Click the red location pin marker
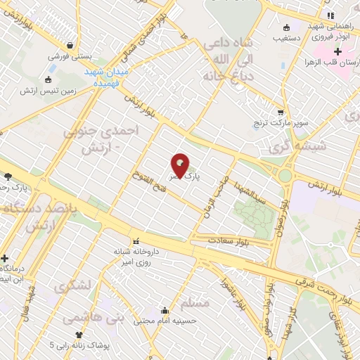click(x=181, y=166)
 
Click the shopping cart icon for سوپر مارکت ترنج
click(x=281, y=112)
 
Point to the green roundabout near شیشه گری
click(x=285, y=175)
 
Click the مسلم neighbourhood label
click(x=195, y=304)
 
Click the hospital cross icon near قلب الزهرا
click(x=337, y=51)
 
